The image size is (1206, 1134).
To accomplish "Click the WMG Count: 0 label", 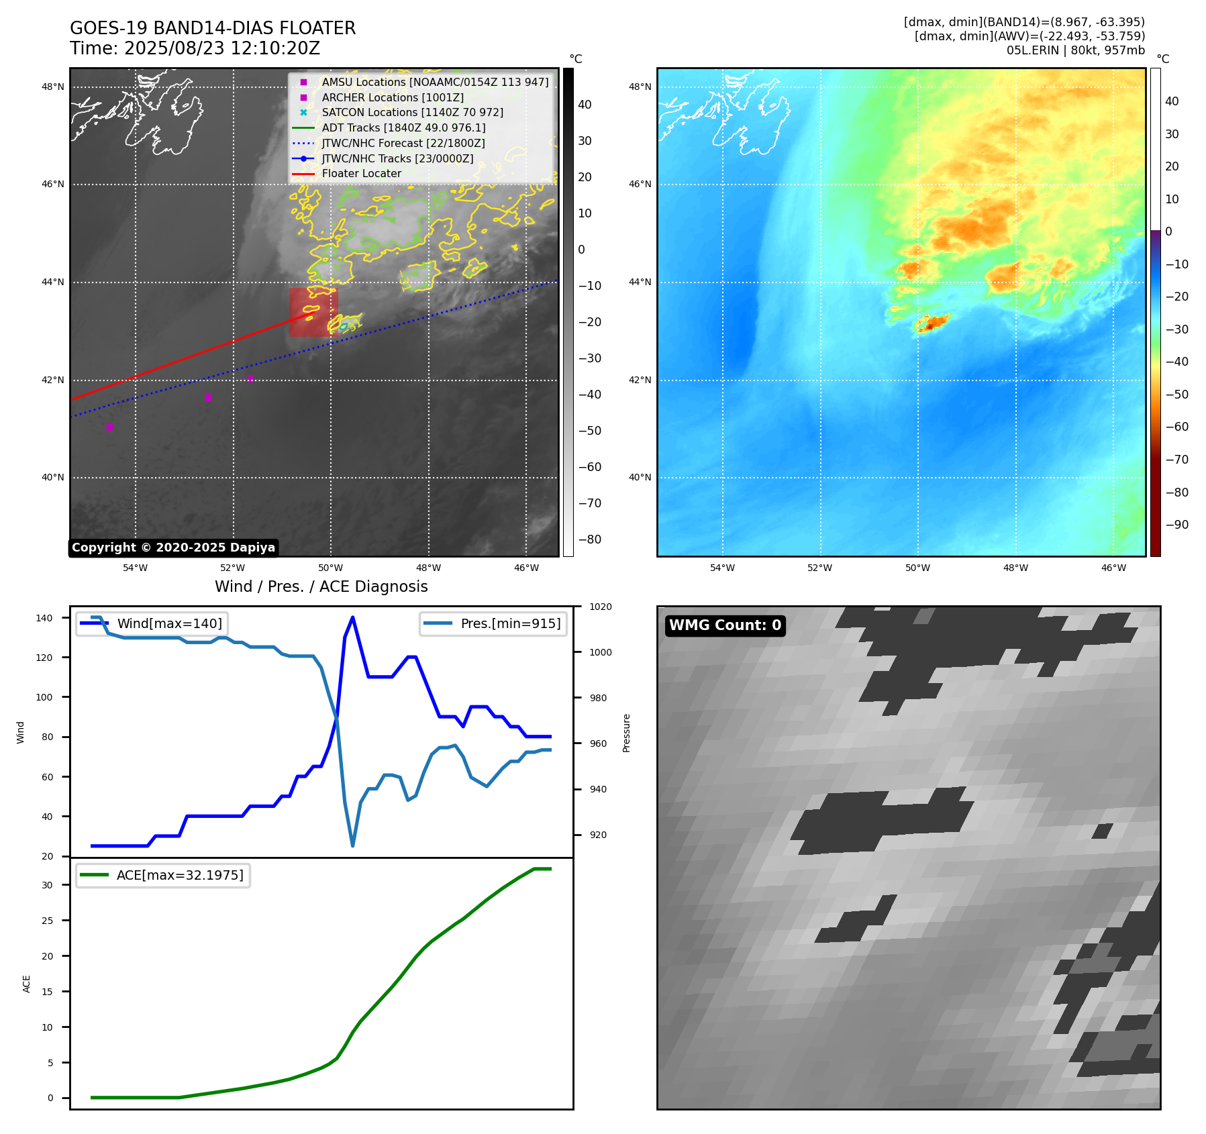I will (x=725, y=625).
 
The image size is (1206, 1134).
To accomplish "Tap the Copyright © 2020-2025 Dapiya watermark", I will (x=173, y=548).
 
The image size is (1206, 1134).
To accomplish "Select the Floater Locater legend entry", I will (x=361, y=174).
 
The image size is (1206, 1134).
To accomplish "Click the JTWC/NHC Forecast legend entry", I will (x=403, y=143).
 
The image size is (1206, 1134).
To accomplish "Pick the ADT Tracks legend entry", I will (x=403, y=127).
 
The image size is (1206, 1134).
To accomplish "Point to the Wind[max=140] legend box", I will (x=152, y=623).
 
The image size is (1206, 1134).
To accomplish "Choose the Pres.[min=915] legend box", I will (x=493, y=623).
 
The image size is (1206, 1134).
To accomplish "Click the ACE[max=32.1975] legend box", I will (x=163, y=875).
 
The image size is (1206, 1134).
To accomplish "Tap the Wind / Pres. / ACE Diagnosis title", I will (x=321, y=586).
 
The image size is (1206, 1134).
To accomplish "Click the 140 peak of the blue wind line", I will (x=352, y=617).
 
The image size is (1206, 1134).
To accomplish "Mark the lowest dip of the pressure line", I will (x=352, y=845).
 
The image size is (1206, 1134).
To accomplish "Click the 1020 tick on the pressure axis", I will (x=600, y=607).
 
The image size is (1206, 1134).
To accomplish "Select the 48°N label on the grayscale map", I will (x=53, y=87).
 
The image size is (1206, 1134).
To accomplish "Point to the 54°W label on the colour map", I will (x=722, y=568).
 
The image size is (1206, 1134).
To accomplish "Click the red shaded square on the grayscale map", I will (x=313, y=313).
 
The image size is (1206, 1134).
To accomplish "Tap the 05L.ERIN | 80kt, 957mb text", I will (x=1075, y=50).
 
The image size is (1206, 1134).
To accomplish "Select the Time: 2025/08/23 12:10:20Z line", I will (x=195, y=48).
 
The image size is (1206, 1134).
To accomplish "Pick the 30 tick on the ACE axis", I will (x=47, y=885).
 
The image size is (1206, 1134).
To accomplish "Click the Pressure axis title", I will (x=626, y=733).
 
